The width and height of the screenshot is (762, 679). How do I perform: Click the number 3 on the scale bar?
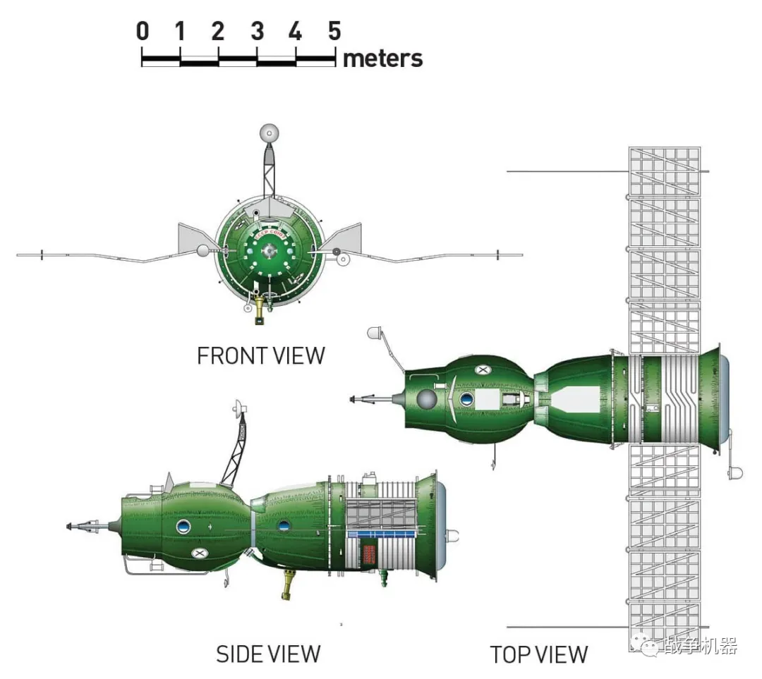click(257, 31)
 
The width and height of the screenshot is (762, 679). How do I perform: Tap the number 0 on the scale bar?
click(143, 31)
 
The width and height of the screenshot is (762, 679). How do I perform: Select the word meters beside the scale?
click(382, 59)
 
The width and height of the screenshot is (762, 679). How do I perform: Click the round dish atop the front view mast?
click(269, 133)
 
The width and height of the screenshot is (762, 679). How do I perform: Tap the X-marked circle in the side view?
click(200, 553)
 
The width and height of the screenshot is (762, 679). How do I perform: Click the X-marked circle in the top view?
click(483, 369)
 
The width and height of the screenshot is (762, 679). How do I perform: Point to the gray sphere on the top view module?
click(425, 400)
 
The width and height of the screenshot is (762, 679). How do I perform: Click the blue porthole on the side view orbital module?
click(183, 525)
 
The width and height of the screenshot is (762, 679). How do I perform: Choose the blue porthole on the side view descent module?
click(284, 525)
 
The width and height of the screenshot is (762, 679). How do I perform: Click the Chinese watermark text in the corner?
click(698, 645)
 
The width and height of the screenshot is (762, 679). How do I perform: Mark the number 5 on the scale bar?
click(334, 31)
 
